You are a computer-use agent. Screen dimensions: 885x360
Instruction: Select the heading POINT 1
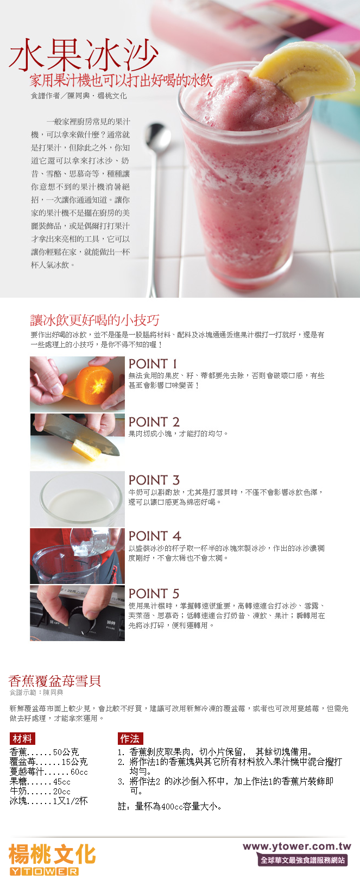153,364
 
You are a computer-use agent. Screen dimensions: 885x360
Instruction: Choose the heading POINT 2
154,422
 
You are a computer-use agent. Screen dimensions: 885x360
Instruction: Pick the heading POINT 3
154,480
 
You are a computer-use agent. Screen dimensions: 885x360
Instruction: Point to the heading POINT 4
154,536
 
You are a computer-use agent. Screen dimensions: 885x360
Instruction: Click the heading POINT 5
154,594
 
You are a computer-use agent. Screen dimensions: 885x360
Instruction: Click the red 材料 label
22,739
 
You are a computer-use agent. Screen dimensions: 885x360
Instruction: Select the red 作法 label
130,739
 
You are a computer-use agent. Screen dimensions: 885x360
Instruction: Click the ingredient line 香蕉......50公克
44,752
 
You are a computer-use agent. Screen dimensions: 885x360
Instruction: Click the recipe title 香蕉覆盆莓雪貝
55,681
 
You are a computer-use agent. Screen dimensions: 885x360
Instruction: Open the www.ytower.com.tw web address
296,846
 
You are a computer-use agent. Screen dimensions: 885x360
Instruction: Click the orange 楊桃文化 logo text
52,855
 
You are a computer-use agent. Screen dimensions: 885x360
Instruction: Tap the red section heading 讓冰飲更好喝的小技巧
94,320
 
